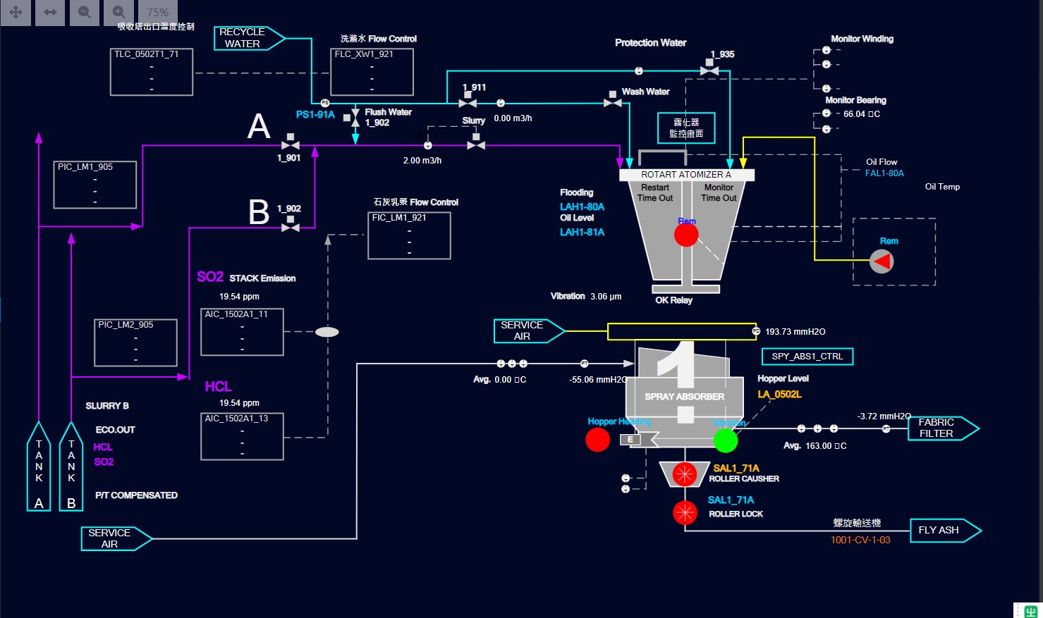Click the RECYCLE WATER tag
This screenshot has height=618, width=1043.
243,38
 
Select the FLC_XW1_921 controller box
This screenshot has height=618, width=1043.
372,72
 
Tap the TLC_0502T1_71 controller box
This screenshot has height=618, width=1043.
152,72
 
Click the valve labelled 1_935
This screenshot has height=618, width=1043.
709,69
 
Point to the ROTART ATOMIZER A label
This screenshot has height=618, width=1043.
686,175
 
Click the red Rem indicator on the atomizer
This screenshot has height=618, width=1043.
686,235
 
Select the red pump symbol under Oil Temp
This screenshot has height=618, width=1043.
882,261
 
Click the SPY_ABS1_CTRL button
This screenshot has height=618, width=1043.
807,357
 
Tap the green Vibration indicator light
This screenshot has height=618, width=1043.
726,440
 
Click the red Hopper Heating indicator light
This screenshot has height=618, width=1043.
597,440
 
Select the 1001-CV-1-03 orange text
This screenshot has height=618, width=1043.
860,540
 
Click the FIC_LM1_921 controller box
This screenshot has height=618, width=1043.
409,235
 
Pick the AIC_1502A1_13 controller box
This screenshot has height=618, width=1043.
242,436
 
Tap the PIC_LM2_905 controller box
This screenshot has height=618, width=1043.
135,342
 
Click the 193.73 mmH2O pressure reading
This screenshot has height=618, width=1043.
795,332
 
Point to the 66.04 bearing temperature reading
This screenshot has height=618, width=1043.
862,114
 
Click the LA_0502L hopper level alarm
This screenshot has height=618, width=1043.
780,395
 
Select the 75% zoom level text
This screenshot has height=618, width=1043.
157,13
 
